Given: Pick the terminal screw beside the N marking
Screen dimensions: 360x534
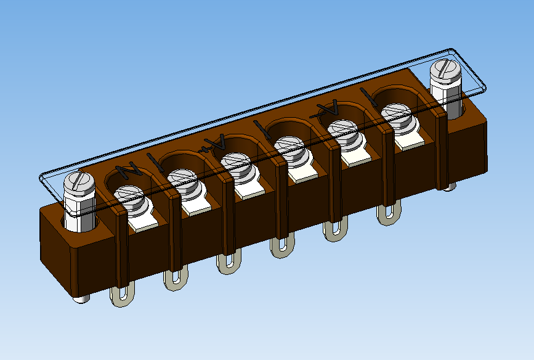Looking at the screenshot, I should (x=131, y=197).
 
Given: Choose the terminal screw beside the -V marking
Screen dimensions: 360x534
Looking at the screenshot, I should (x=342, y=129).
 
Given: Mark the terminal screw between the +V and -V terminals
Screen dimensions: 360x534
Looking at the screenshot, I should (x=289, y=146).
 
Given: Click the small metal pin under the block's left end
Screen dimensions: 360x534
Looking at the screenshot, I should (x=81, y=298).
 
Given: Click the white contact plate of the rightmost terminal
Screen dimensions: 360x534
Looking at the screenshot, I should (x=411, y=141).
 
